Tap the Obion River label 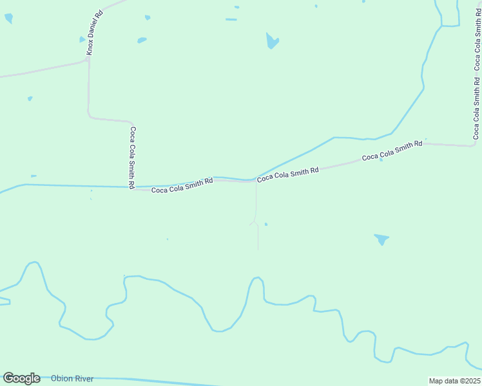tap(72, 378)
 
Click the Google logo tap(21, 378)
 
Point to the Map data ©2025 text tap(454, 381)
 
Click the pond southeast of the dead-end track tap(381, 239)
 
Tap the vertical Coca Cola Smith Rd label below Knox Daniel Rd tap(132, 158)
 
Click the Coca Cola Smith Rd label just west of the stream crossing tap(182, 186)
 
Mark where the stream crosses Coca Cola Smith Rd tap(253, 180)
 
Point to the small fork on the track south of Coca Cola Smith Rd tap(255, 222)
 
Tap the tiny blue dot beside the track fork tap(265, 224)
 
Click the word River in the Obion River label tap(83, 378)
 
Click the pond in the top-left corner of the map tap(8, 18)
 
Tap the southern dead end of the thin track tap(258, 249)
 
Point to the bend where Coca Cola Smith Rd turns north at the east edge tap(475, 144)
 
